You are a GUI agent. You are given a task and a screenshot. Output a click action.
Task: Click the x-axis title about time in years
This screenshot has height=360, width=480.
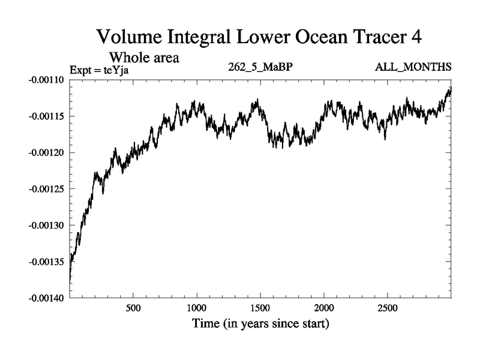(260, 325)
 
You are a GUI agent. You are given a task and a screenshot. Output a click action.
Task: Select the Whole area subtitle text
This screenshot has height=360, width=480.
(144, 58)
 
